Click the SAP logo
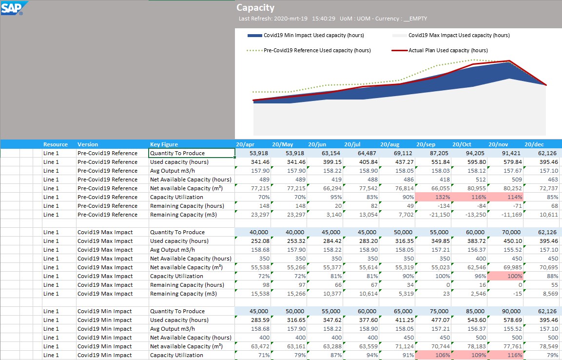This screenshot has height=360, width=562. coord(14,8)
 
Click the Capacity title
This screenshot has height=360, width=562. coord(255,8)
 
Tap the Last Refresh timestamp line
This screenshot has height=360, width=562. coord(333,19)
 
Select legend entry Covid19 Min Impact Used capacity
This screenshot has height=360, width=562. coord(306,35)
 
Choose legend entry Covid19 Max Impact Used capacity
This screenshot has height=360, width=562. coord(451,35)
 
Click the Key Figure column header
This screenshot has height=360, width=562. coord(164,144)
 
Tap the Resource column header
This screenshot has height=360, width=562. coord(56,144)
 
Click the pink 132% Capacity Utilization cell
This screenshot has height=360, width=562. coord(433,197)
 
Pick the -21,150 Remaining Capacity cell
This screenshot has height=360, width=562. coord(433,215)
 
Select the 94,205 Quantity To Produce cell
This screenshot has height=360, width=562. coord(469,153)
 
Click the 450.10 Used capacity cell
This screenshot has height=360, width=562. coord(505,241)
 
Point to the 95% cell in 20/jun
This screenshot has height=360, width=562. coord(325,197)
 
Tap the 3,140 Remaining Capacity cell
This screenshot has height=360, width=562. coord(325,215)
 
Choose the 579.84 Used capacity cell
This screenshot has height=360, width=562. coord(505,162)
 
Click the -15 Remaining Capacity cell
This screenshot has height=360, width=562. coord(505,294)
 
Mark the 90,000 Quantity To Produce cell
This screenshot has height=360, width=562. coord(505,311)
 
